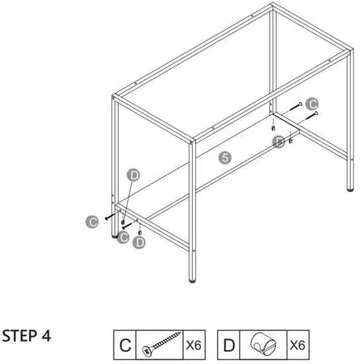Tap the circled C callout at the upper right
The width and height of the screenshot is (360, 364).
tap(313, 103)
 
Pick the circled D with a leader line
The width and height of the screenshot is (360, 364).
tap(134, 175)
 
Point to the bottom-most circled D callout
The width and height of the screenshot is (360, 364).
tap(139, 244)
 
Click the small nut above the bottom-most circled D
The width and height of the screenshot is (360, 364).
tap(140, 232)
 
